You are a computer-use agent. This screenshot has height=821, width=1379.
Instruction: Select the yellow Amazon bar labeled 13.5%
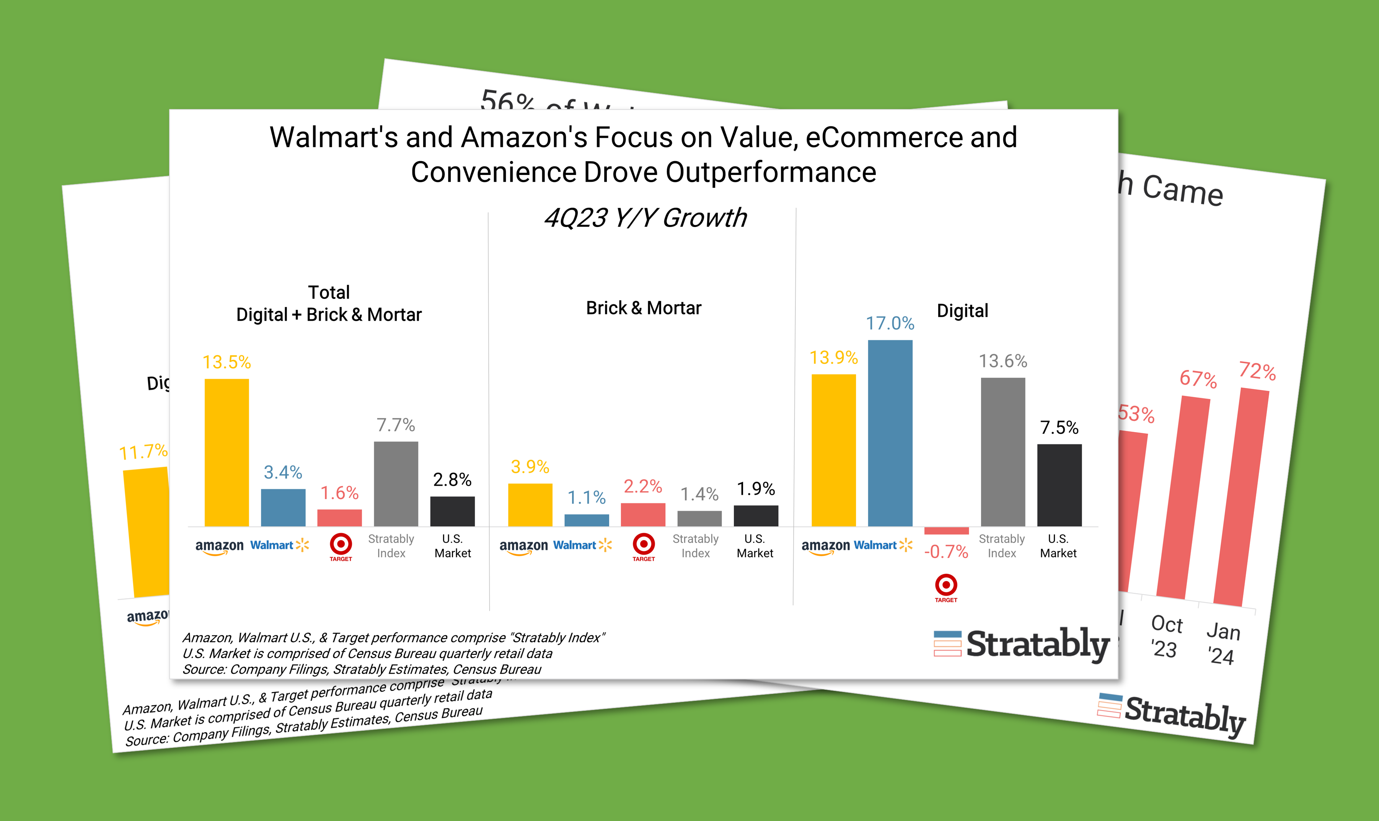[227, 452]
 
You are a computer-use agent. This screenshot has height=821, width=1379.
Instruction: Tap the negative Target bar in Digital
[946, 530]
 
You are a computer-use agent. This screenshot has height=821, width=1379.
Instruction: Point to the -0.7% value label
[946, 552]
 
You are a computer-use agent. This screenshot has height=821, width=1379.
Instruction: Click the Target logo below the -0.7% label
[946, 587]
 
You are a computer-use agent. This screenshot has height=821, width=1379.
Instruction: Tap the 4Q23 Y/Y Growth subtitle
[645, 217]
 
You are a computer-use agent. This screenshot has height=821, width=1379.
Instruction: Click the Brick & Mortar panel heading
[644, 308]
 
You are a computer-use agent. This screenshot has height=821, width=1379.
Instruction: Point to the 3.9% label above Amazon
[530, 467]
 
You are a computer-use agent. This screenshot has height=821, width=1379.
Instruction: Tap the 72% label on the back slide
[1257, 371]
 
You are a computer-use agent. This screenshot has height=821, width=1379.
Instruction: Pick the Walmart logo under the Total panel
[279, 545]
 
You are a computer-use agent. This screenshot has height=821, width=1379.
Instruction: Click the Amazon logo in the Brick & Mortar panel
[523, 547]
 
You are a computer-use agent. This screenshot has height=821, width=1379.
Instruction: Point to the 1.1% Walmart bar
[587, 520]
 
